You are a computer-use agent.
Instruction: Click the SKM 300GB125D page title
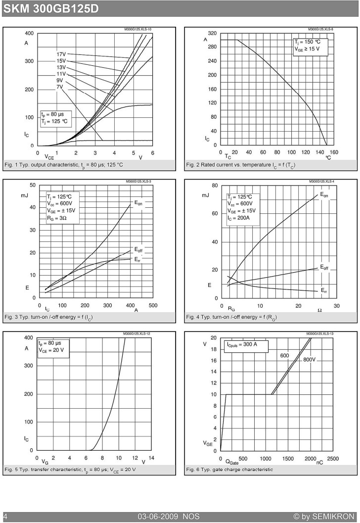click(x=51, y=8)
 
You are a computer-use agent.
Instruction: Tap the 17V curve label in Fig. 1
click(x=61, y=54)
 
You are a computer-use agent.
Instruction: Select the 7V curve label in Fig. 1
click(x=59, y=87)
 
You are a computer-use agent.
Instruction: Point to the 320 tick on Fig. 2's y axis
click(x=212, y=33)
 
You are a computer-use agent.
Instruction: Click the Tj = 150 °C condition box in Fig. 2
click(x=311, y=46)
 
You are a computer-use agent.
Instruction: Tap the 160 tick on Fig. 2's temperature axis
click(x=334, y=152)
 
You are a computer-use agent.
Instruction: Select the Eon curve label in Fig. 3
click(x=138, y=203)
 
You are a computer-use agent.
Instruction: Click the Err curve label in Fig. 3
click(x=137, y=259)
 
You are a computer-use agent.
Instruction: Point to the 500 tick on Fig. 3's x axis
click(x=153, y=305)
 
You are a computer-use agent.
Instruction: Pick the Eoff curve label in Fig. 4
click(x=324, y=267)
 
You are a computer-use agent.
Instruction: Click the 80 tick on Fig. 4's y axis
click(x=215, y=186)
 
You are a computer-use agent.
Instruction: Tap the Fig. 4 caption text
click(x=231, y=317)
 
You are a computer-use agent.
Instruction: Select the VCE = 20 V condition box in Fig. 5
click(x=53, y=347)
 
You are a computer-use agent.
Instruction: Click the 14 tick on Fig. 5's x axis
click(x=151, y=458)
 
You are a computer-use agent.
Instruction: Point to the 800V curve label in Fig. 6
click(x=310, y=360)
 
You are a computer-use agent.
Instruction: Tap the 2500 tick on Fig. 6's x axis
click(x=333, y=459)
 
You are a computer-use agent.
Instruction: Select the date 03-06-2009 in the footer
click(x=158, y=517)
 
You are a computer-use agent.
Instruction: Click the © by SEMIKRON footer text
click(x=324, y=517)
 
